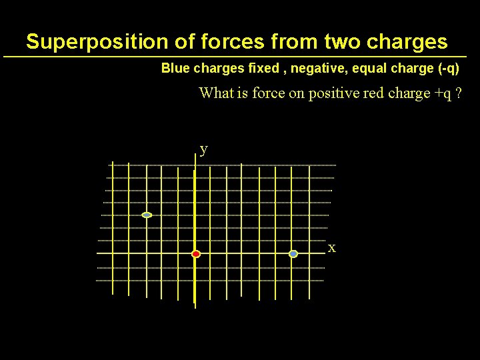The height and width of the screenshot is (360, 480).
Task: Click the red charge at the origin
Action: tap(196, 254)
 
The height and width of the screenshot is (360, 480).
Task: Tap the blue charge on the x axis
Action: tap(293, 254)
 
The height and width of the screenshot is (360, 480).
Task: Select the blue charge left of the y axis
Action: tap(147, 215)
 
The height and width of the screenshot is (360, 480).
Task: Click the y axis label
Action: tap(203, 149)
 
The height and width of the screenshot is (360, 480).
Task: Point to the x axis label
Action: tap(331, 249)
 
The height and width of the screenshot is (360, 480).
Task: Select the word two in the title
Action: tap(340, 42)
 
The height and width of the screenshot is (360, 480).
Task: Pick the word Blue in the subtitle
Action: tap(176, 69)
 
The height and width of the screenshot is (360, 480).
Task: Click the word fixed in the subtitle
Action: tap(261, 69)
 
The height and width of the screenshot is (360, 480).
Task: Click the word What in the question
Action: tap(215, 93)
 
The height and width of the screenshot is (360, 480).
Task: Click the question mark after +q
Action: tap(459, 93)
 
